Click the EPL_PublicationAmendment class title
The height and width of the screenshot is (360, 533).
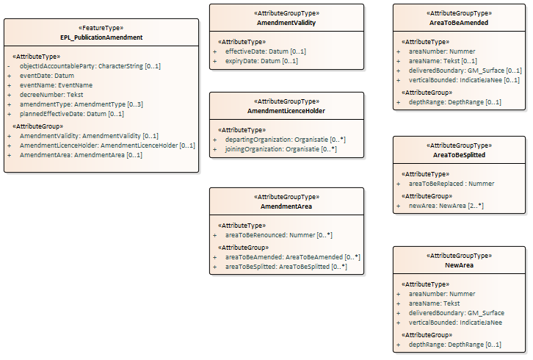coord(101,37)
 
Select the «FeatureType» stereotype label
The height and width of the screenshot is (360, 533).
coord(101,28)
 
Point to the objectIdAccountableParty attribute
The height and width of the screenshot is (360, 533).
coord(90,66)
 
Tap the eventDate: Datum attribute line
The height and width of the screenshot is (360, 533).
coord(46,76)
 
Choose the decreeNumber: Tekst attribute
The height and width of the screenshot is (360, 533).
coord(51,95)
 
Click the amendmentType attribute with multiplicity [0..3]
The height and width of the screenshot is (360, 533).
coord(81,104)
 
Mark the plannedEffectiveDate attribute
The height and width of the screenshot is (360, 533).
coord(71,114)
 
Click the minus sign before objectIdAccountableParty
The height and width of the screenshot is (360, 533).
coord(10,66)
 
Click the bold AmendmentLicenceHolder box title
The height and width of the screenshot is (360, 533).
coord(286,111)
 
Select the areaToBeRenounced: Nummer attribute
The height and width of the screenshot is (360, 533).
coord(278,235)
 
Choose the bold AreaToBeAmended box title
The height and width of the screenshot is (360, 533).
coord(459,23)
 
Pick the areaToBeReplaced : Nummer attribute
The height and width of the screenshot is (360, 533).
coord(451,184)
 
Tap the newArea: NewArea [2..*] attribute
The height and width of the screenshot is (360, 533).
coord(446,206)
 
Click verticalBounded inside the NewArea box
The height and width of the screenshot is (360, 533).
coord(455,322)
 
